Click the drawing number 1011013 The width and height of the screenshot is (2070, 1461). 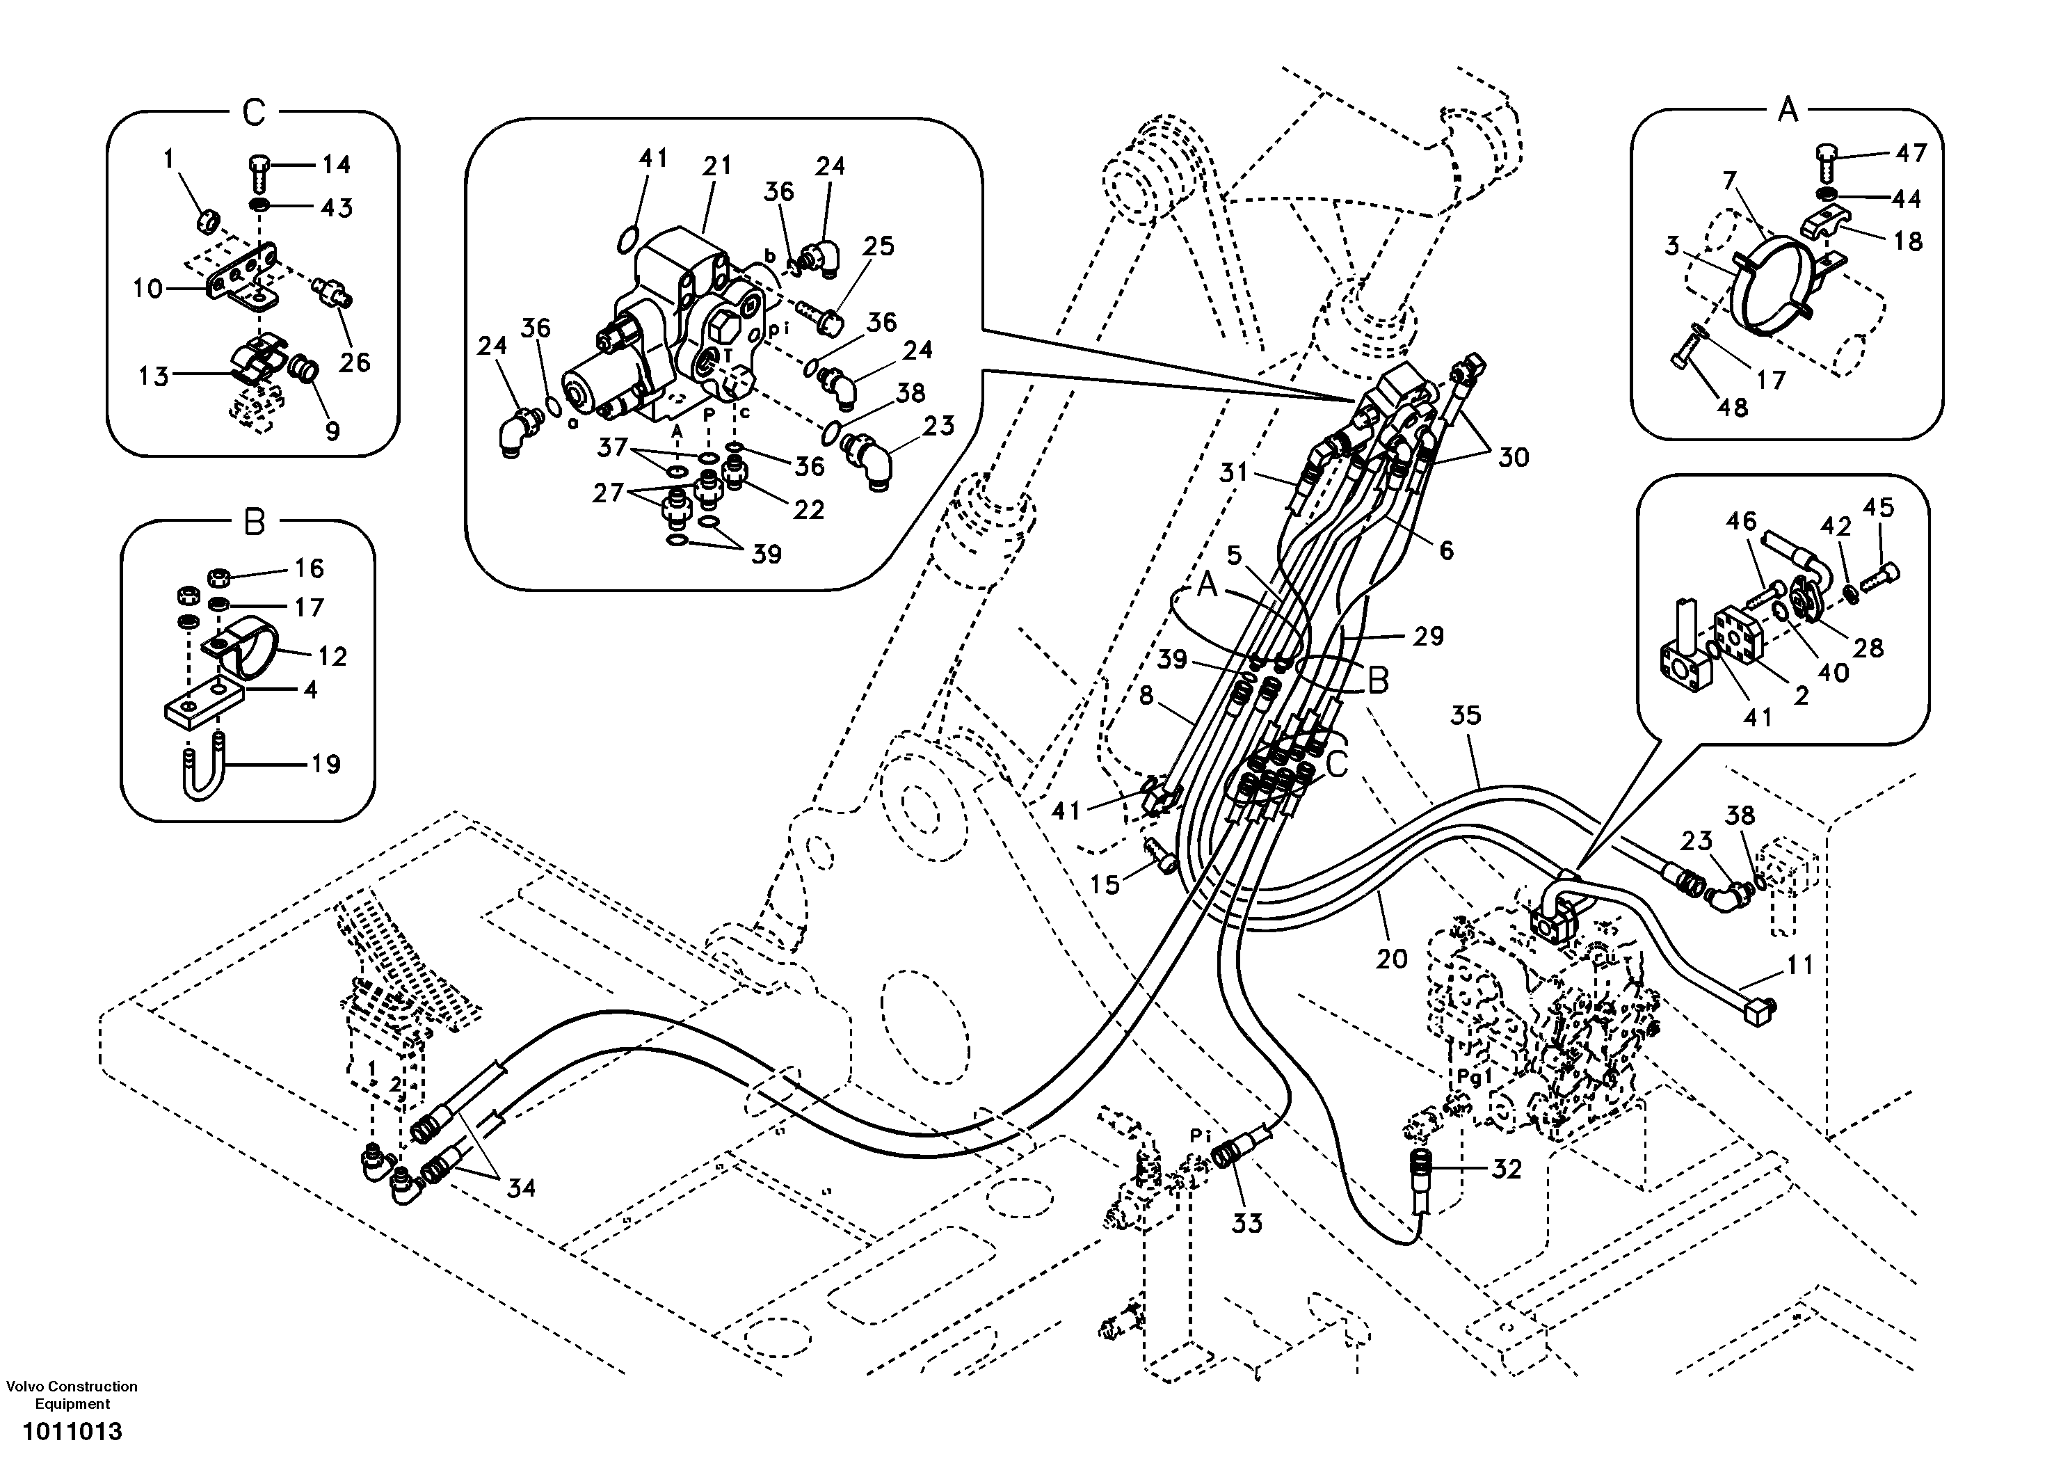(x=72, y=1431)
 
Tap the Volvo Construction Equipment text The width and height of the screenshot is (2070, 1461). (x=72, y=1394)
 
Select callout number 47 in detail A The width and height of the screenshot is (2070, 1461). (x=1911, y=153)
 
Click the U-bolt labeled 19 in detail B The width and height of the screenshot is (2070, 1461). (x=206, y=767)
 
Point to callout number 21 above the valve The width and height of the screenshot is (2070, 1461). (x=718, y=166)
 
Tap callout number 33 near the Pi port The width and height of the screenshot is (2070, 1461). (x=1248, y=1223)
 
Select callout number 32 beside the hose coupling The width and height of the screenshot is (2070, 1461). (x=1507, y=1169)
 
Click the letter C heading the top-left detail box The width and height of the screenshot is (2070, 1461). (x=255, y=113)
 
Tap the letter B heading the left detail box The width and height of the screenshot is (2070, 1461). (x=255, y=522)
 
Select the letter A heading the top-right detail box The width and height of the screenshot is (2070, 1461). (x=1787, y=111)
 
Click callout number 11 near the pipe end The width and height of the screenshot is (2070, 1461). (x=1799, y=965)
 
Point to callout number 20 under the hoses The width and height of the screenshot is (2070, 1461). (x=1391, y=959)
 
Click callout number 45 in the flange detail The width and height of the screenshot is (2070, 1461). (x=1879, y=508)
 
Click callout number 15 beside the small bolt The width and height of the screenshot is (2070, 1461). (x=1105, y=883)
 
